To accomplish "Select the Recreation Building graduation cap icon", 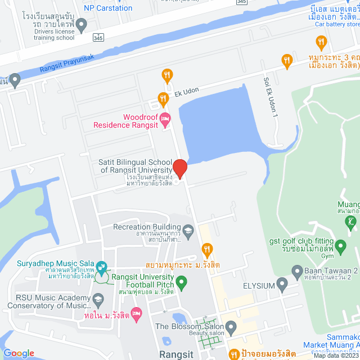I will pos(189,229).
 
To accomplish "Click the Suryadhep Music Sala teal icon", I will pos(102,266).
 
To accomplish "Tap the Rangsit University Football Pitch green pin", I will pos(181,281).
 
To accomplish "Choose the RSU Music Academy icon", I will pos(99,298).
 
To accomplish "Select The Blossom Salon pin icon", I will pos(231,327).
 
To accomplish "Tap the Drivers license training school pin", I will pos(81,25).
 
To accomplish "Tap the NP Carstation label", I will pos(108,8).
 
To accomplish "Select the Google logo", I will pos(19,353).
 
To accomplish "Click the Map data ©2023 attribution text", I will pos(336,355).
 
